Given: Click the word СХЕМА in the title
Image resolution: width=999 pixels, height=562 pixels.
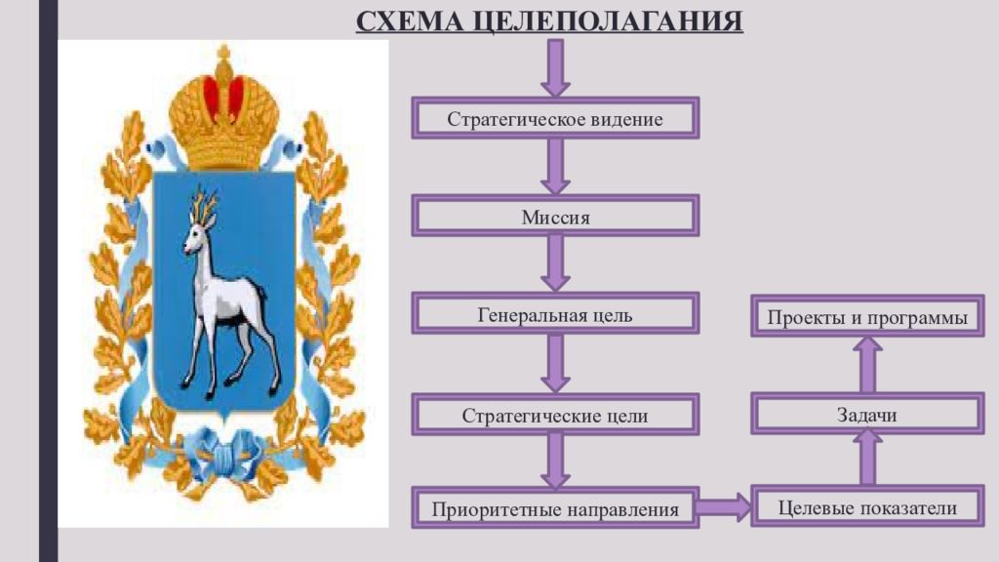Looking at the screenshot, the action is click(x=410, y=21).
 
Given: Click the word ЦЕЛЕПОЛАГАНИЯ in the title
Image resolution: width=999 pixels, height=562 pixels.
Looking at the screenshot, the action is click(x=609, y=21).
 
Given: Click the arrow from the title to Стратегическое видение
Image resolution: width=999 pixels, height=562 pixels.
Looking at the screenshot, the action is click(x=555, y=68).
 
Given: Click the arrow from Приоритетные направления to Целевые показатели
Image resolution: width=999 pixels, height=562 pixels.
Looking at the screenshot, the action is click(x=725, y=507).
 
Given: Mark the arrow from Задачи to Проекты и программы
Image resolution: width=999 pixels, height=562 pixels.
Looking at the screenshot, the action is click(x=867, y=365).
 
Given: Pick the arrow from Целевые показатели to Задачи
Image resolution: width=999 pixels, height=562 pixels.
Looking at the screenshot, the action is click(x=867, y=458).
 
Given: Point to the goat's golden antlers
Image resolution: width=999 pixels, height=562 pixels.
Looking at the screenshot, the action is click(x=205, y=202).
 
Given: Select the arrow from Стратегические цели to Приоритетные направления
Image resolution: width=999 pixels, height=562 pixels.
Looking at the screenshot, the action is click(x=555, y=461).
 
